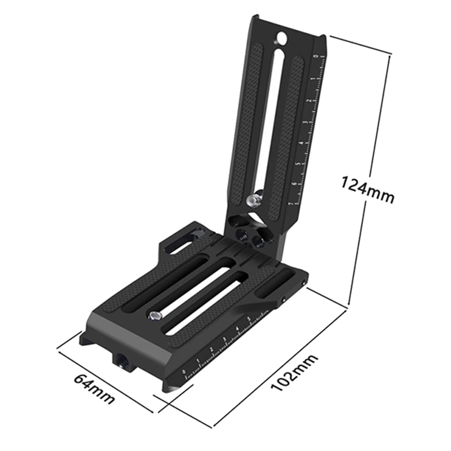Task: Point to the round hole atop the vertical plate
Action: [x=280, y=38]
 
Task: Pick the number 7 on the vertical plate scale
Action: [x=290, y=204]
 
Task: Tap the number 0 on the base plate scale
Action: [x=184, y=372]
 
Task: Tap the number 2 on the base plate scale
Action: [x=211, y=351]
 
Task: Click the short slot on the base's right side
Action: [x=280, y=280]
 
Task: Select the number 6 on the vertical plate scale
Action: [x=294, y=184]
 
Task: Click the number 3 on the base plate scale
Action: [x=224, y=341]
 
